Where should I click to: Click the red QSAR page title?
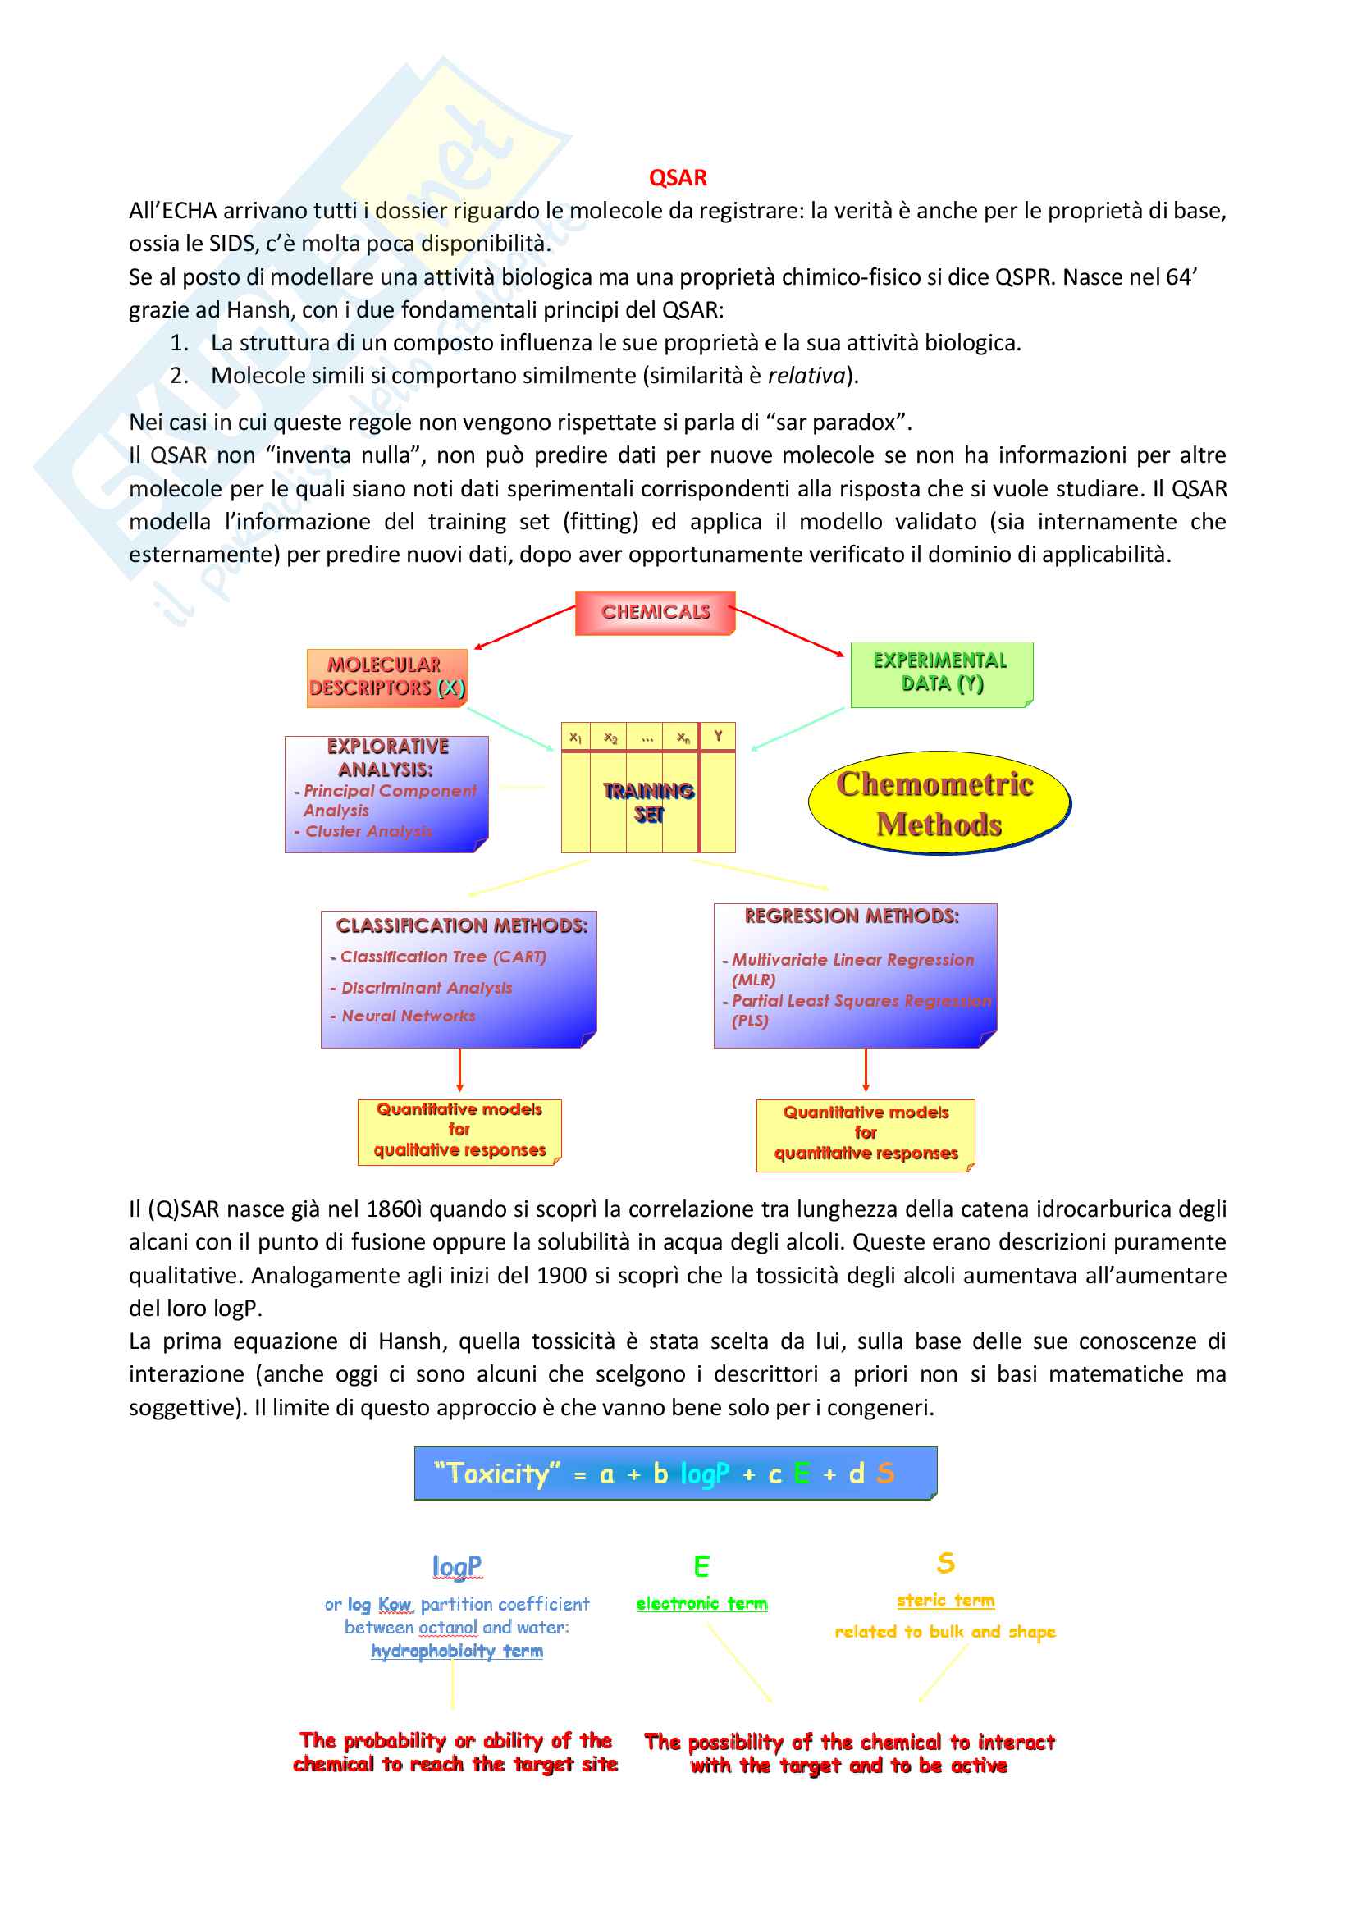[x=678, y=178]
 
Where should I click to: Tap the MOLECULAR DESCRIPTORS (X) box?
[x=386, y=677]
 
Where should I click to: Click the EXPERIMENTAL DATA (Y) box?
[x=941, y=673]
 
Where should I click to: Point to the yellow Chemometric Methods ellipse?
[x=939, y=803]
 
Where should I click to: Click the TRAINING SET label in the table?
[x=648, y=802]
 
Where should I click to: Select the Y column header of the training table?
[x=717, y=736]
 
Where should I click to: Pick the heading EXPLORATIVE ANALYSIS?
[x=387, y=757]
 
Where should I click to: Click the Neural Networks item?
[x=408, y=1017]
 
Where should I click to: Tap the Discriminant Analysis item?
[x=426, y=988]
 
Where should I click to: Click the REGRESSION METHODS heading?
[x=852, y=916]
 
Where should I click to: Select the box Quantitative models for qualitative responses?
[x=459, y=1130]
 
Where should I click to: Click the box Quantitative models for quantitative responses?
[x=866, y=1133]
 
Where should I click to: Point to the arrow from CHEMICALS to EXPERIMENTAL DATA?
[x=789, y=631]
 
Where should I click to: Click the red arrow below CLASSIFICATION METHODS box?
[x=459, y=1071]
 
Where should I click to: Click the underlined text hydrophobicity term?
[x=456, y=1652]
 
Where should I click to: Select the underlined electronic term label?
[x=701, y=1603]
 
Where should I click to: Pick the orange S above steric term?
[x=945, y=1562]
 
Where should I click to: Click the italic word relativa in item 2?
[x=806, y=376]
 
